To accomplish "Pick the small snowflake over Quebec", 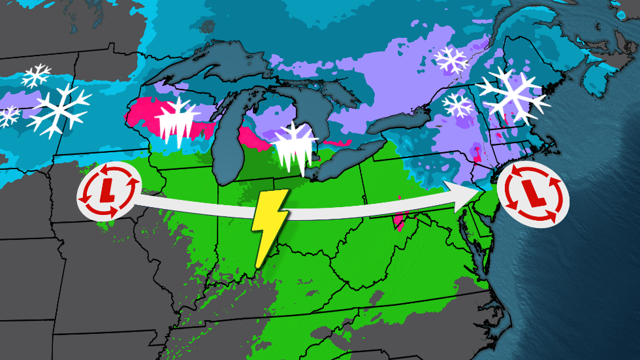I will [452, 60].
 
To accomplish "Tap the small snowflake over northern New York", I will [457, 105].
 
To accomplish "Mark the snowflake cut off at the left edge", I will [8, 116].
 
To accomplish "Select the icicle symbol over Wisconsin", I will [178, 123].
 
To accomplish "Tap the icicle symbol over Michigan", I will [293, 148].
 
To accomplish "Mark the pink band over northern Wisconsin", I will [147, 114].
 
